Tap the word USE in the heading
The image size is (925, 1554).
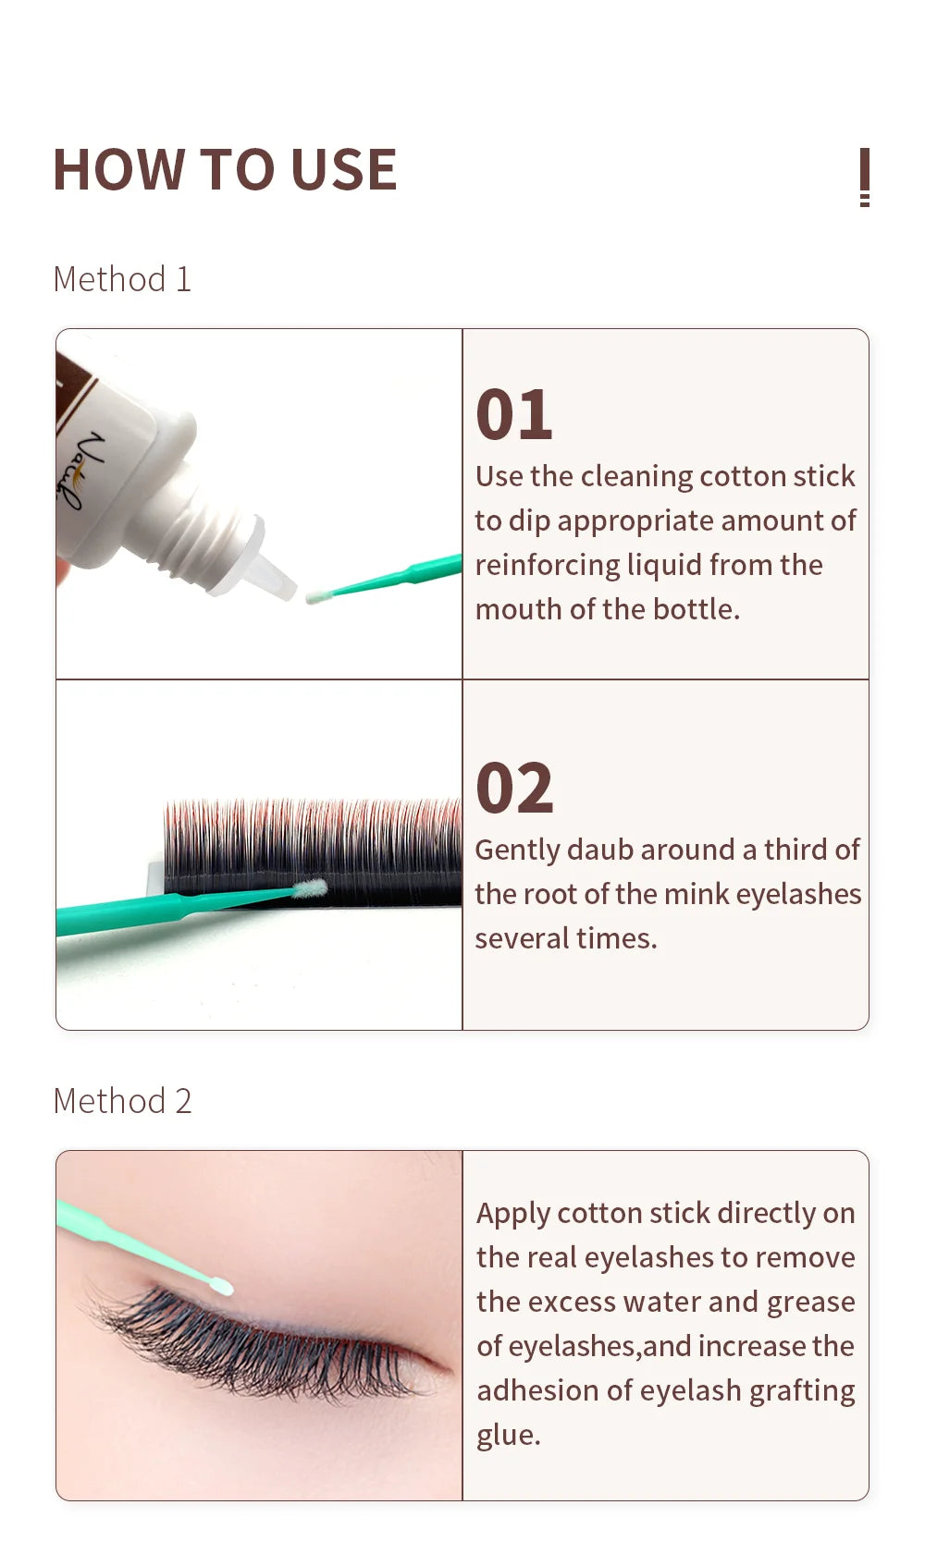(343, 171)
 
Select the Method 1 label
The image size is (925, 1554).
(122, 279)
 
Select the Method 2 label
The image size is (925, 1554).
(122, 1101)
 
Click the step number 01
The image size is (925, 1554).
(514, 415)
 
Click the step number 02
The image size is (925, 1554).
(514, 789)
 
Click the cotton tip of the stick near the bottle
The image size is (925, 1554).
(318, 596)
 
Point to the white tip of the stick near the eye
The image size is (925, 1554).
(221, 1286)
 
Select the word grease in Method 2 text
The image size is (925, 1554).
(810, 1302)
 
